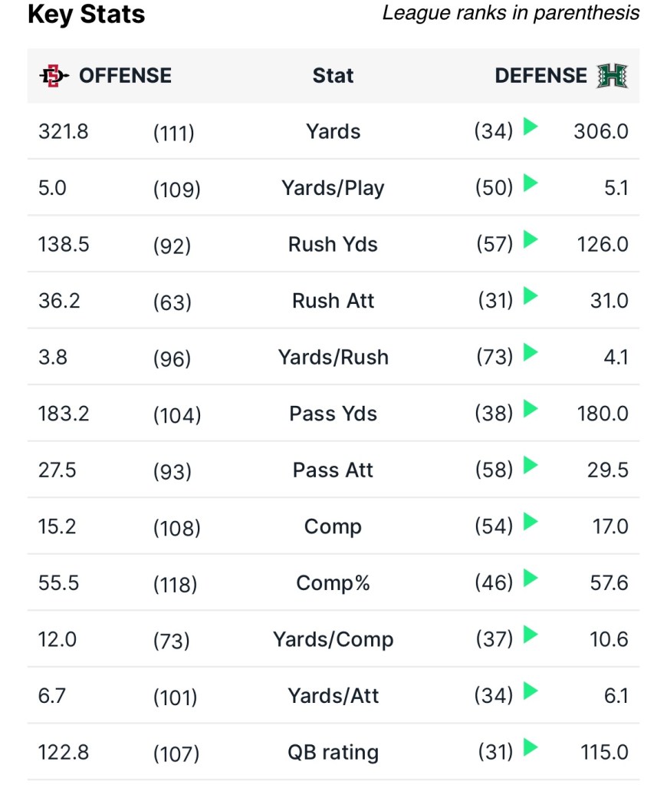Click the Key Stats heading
click(87, 15)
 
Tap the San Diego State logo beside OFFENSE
click(54, 75)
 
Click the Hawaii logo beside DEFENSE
click(613, 75)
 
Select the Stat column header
click(333, 75)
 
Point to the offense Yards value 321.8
click(64, 131)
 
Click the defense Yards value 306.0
click(600, 131)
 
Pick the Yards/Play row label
click(333, 188)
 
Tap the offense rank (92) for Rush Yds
click(172, 246)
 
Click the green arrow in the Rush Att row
click(531, 296)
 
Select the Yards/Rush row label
click(333, 357)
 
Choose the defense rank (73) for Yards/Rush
click(494, 358)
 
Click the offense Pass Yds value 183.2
click(64, 414)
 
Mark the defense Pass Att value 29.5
click(607, 470)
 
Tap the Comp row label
click(333, 526)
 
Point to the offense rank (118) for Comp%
click(176, 584)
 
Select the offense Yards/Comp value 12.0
click(58, 639)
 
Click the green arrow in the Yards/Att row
click(531, 691)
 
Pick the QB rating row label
click(333, 753)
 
